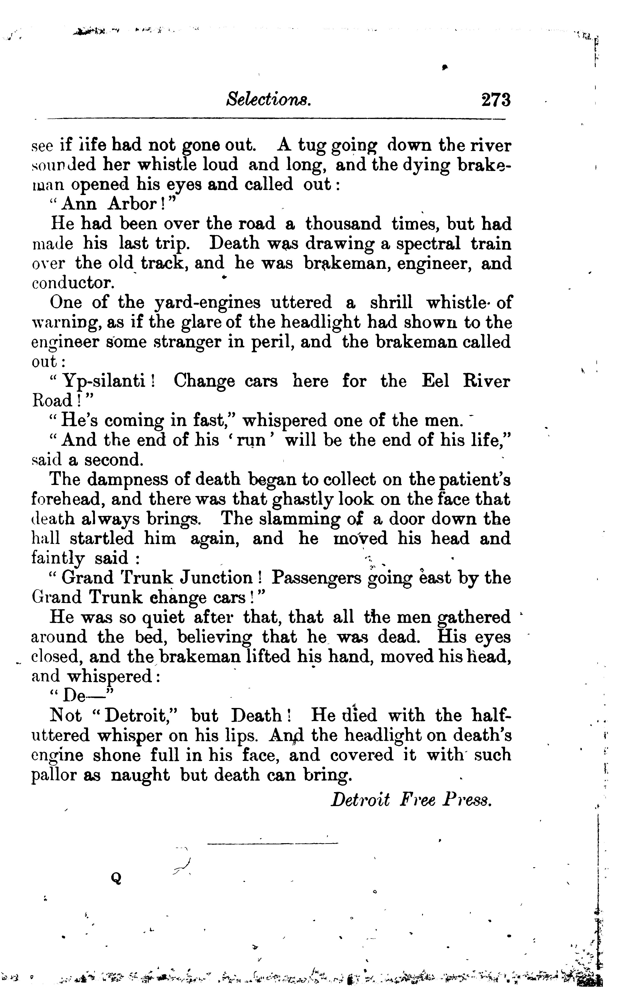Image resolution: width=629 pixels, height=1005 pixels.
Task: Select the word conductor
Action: point(73,283)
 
